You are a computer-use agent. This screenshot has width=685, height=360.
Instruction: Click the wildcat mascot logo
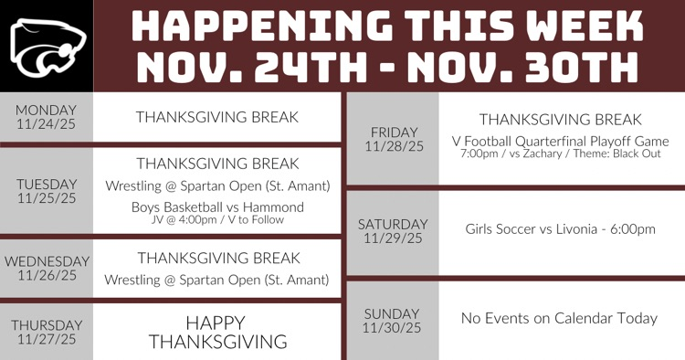47,46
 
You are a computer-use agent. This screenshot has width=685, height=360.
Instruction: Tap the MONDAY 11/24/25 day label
47,116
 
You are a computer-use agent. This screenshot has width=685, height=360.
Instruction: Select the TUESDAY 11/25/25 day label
47,190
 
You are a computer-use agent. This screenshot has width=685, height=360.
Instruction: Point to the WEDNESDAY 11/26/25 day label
47,268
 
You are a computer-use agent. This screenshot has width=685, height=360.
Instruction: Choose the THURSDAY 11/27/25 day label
47,332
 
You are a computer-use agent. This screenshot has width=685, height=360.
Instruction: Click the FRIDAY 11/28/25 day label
394,139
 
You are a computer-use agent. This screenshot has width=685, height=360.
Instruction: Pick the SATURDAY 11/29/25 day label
393,231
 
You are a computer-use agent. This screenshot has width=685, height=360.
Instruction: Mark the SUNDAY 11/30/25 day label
393,320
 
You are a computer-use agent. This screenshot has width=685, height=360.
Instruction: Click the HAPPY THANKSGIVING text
217,332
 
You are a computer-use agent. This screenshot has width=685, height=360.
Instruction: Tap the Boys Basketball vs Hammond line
217,207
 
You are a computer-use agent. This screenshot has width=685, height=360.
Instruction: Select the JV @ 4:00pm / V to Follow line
217,219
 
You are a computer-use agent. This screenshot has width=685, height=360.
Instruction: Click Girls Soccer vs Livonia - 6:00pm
560,229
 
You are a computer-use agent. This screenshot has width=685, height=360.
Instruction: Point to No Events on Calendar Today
560,318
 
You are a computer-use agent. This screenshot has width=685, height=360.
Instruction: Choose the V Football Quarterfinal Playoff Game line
560,142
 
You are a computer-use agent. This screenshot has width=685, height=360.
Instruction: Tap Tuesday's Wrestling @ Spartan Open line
217,186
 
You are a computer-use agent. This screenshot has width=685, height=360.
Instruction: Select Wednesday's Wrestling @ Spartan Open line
217,280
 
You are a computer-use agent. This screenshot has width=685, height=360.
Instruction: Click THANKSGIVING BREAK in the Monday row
217,117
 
